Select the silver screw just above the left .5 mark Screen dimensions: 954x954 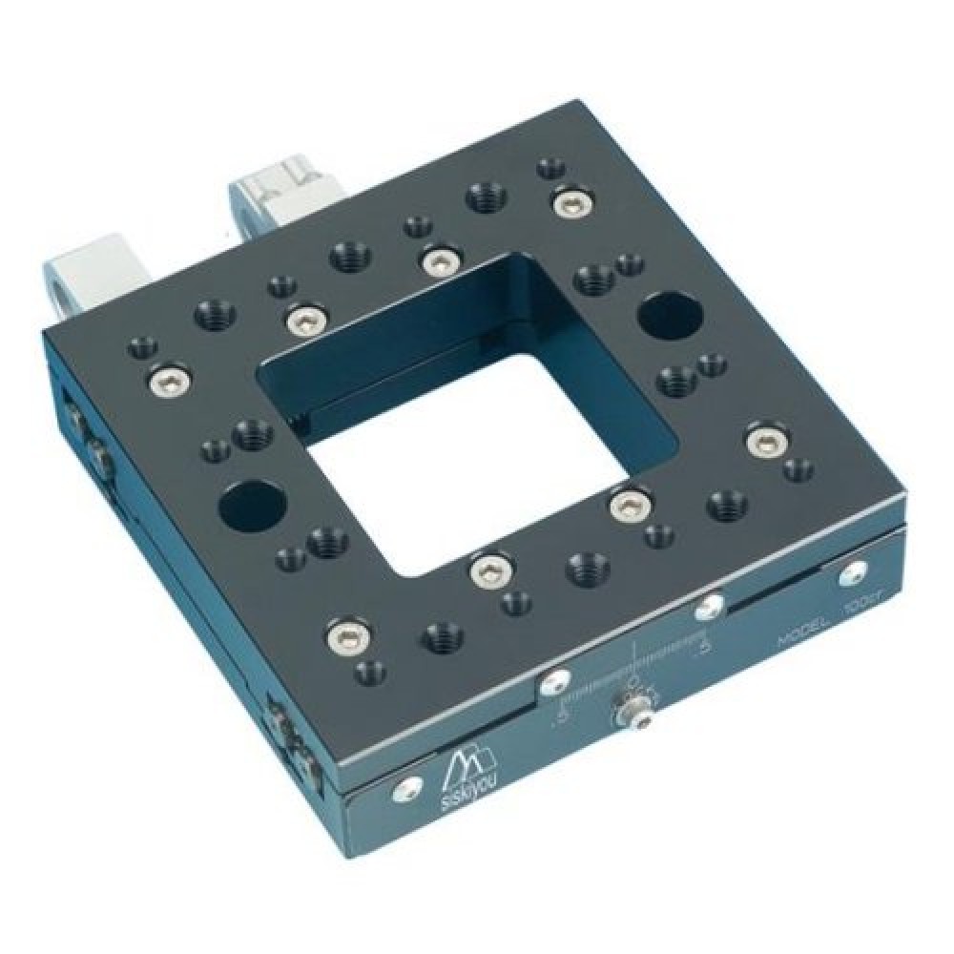point(552,681)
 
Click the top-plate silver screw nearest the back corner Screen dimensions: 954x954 point(571,201)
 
